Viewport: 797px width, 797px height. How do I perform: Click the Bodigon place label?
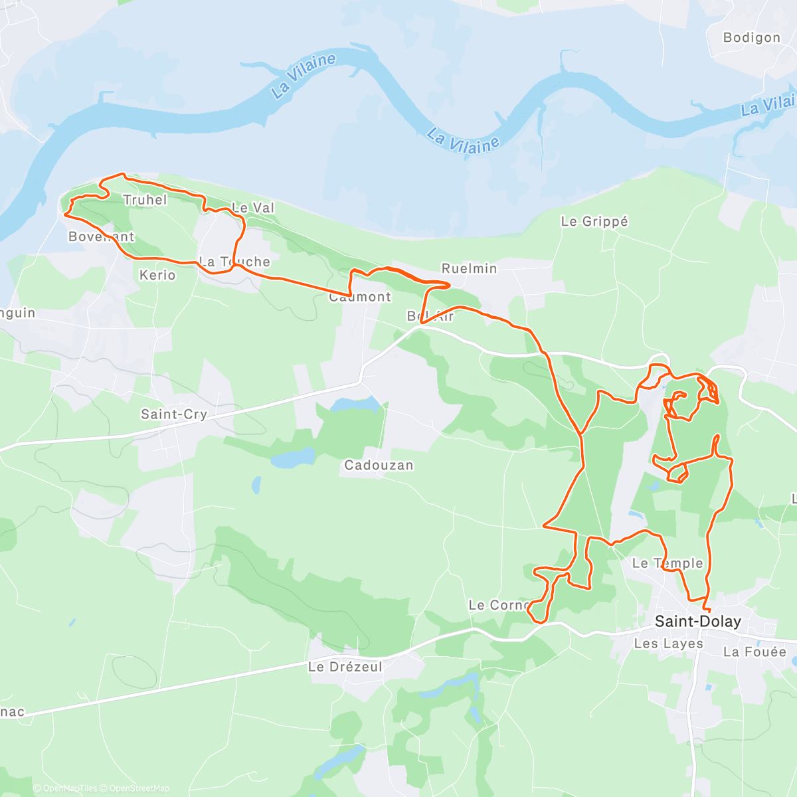coord(751,38)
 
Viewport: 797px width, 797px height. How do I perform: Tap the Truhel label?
coord(145,200)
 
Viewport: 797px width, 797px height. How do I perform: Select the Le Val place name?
coord(253,208)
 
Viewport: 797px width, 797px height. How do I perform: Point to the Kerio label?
coord(157,275)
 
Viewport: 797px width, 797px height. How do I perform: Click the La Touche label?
coord(235,262)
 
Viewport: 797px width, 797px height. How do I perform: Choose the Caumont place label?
coord(360,297)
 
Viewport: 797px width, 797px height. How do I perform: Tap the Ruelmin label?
coord(469,268)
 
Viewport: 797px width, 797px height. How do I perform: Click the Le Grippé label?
coord(594,221)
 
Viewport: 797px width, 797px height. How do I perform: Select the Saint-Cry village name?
coord(174,414)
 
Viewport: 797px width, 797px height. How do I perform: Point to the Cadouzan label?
coord(379,465)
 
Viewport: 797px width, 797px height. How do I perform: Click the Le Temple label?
coord(667,563)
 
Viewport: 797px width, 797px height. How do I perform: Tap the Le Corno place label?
coord(499,605)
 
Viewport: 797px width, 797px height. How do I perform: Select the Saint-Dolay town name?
coord(697,622)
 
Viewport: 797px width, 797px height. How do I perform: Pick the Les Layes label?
coord(668,644)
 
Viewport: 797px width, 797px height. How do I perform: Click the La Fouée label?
coord(754,652)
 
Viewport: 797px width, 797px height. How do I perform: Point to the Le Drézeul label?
coord(345,667)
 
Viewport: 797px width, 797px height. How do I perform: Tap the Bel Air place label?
coord(430,316)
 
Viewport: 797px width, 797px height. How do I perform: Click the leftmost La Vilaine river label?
coord(304,75)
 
